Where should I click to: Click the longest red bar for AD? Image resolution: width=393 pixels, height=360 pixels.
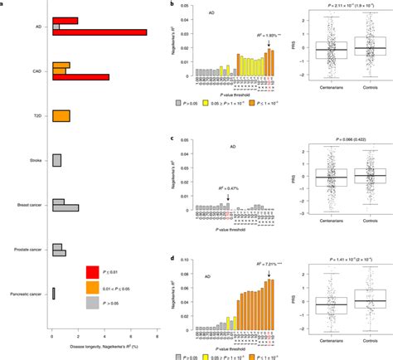[x=99, y=32]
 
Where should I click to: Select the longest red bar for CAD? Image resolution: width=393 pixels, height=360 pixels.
[x=80, y=77]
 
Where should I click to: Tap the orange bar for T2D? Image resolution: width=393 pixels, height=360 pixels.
[x=61, y=115]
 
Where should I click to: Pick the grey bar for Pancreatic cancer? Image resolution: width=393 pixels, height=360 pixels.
[x=54, y=292]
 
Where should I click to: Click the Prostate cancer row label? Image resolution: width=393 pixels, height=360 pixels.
[x=29, y=248]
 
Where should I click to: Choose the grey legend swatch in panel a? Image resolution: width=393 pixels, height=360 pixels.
[x=98, y=304]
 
